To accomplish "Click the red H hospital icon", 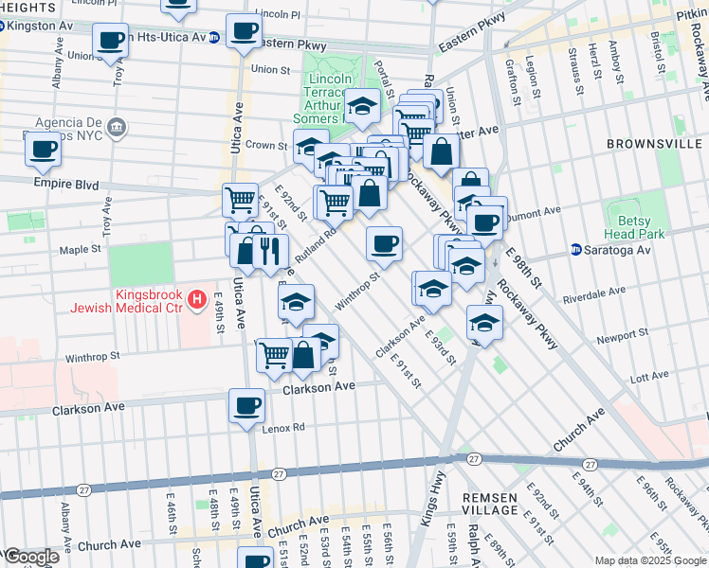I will click(x=196, y=300).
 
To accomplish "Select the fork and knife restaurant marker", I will click(x=271, y=251).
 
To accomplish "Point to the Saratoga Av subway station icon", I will click(x=575, y=250).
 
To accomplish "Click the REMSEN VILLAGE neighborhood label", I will click(x=490, y=505).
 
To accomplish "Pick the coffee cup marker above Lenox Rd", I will click(x=247, y=405).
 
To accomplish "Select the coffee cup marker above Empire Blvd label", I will click(x=43, y=148).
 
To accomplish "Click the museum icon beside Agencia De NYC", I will click(x=116, y=127).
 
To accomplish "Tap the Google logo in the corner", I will click(x=30, y=557).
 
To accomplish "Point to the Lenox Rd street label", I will click(x=283, y=427).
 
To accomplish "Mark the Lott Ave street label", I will click(x=649, y=378).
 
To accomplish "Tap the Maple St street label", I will click(x=81, y=250).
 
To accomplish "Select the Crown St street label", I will click(x=268, y=146).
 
